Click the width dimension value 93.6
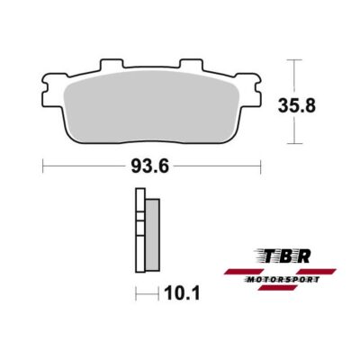[152, 167]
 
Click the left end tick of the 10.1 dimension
[136, 292]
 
